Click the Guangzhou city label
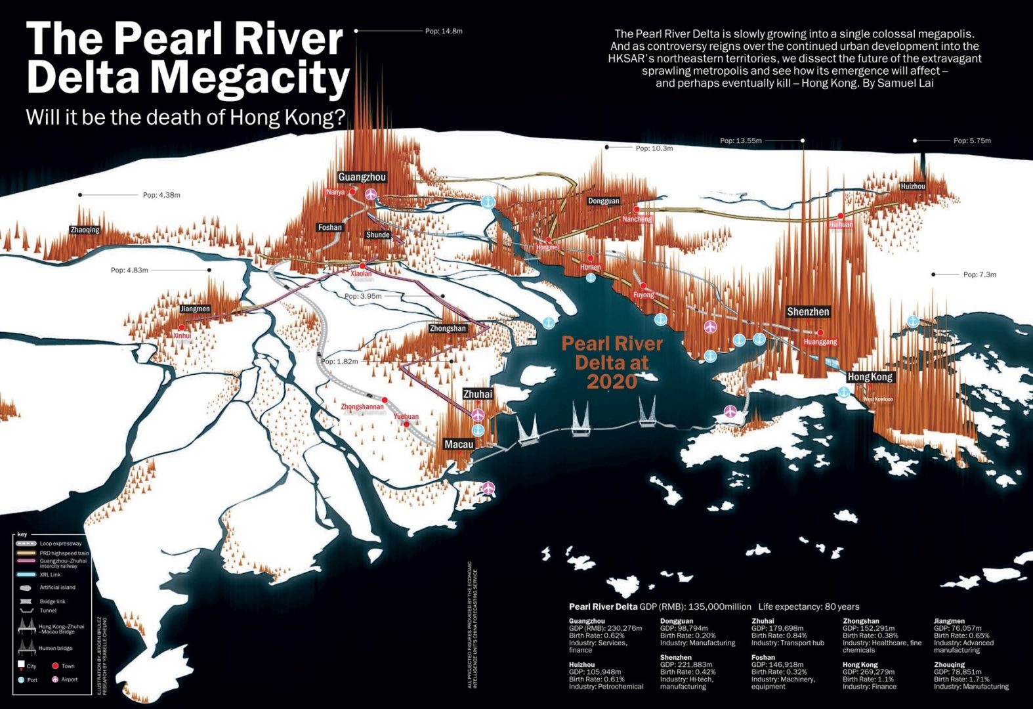coord(362,177)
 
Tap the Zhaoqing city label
coord(85,230)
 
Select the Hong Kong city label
coord(870,377)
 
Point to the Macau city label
coord(459,444)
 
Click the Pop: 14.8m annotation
coord(444,31)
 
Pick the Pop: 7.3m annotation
coord(979,274)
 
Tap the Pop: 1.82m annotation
coord(340,362)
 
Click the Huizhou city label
coord(912,186)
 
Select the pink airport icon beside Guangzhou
coord(371,194)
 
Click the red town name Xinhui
coord(182,335)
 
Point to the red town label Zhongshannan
coord(362,407)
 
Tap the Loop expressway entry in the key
coord(60,544)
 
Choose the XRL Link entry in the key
coord(50,574)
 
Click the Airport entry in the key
coord(69,679)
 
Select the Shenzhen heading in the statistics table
coord(675,657)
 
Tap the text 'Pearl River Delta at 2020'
coord(612,362)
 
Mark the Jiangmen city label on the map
coord(195,309)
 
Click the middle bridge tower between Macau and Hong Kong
coord(580,420)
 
